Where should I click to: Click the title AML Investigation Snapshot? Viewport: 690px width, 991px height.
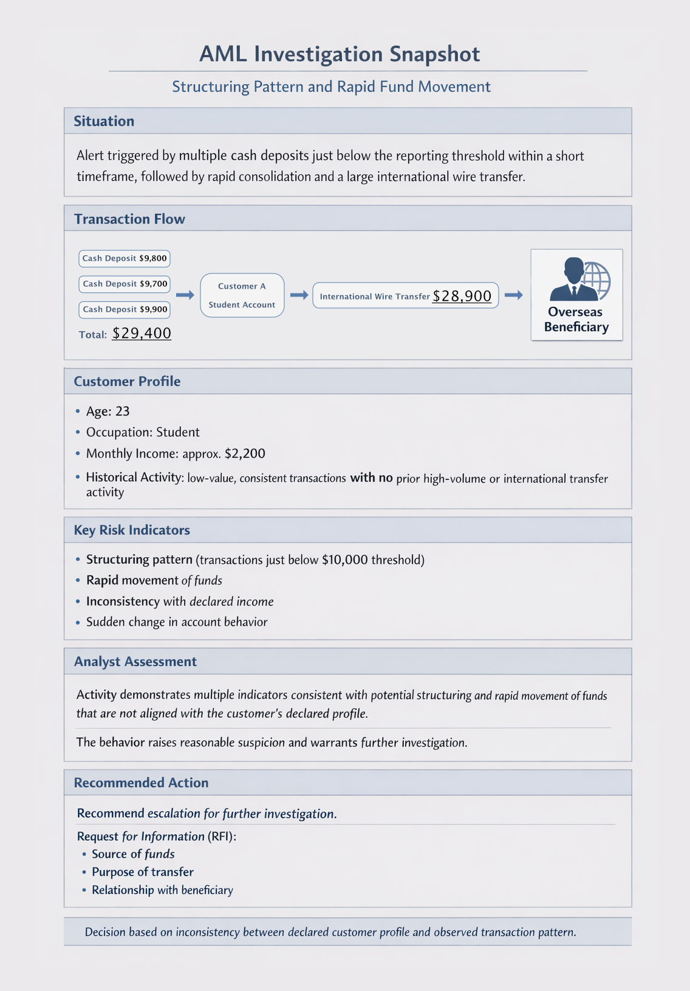[x=340, y=54]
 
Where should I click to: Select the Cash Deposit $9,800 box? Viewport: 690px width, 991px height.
[x=125, y=258]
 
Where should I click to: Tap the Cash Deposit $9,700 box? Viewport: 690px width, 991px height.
[x=125, y=284]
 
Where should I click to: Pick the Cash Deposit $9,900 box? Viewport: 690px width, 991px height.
[x=125, y=309]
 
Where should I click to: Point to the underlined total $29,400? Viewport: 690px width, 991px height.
[x=142, y=334]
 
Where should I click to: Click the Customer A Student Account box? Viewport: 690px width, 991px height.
[x=242, y=295]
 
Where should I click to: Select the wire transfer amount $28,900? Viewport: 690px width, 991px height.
[x=462, y=296]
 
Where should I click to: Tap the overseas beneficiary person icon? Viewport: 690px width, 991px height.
[x=574, y=279]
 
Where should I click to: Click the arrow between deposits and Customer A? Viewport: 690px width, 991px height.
[x=185, y=295]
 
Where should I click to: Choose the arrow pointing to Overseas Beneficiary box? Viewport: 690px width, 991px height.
[x=514, y=295]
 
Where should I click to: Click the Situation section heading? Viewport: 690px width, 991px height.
[x=104, y=121]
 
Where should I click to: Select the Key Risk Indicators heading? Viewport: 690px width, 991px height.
[x=132, y=530]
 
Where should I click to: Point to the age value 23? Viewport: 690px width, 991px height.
[x=122, y=411]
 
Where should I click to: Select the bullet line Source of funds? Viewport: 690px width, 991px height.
[x=133, y=854]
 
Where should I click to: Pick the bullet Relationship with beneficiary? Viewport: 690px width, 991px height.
[x=162, y=890]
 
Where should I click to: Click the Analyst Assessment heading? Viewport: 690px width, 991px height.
[x=135, y=662]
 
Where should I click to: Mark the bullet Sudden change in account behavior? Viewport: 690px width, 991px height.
[x=177, y=622]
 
